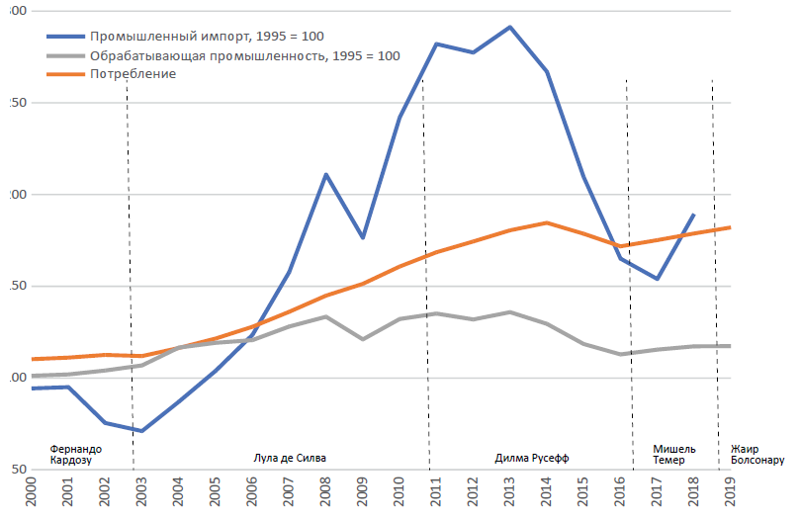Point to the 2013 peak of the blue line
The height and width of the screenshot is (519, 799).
(x=509, y=27)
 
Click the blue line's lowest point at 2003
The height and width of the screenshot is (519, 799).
(x=142, y=431)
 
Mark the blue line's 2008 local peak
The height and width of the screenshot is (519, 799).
(x=325, y=174)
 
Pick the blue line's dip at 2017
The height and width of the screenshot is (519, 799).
(x=657, y=279)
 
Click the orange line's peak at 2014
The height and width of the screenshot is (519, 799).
(x=547, y=222)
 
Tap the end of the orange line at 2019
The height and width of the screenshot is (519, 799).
(x=730, y=227)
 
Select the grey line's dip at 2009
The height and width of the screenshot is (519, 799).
(x=363, y=339)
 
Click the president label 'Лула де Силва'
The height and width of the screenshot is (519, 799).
(x=290, y=458)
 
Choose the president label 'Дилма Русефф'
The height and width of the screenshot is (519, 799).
(x=532, y=458)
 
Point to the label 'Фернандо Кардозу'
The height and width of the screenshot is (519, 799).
(x=75, y=454)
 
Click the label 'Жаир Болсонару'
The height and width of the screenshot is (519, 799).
(x=757, y=454)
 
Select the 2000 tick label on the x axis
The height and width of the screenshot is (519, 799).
(x=30, y=494)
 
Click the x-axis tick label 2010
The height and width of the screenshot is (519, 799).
(x=399, y=494)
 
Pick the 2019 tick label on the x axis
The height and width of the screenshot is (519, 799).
(x=730, y=494)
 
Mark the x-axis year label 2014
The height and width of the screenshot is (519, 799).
(x=546, y=494)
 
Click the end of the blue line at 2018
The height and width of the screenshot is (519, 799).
(x=693, y=215)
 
